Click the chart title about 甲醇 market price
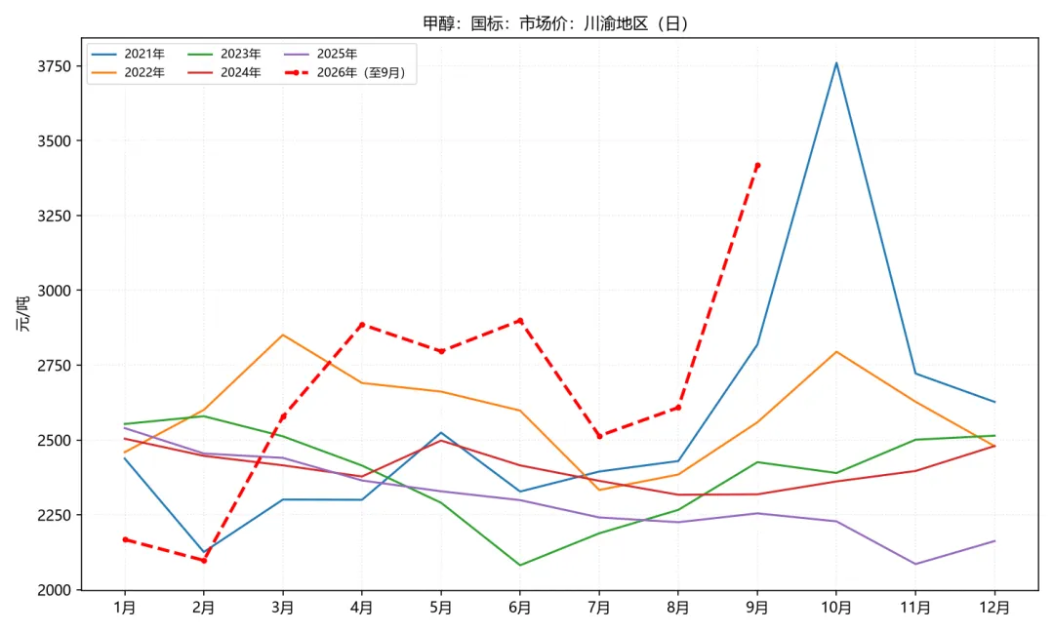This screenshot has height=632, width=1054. tap(555, 23)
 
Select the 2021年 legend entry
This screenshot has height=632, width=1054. tap(128, 54)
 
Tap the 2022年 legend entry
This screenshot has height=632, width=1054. tap(128, 72)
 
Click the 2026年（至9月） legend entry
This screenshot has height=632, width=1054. tap(345, 72)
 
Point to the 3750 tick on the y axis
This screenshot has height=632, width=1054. tap(55, 65)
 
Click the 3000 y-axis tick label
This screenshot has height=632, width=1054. tap(55, 290)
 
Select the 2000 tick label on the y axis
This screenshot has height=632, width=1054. tap(55, 590)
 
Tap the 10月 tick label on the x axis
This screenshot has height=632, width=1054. tap(836, 608)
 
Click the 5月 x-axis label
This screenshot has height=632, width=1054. tap(441, 608)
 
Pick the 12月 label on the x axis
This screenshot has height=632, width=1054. tap(994, 608)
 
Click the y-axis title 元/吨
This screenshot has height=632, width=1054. tap(23, 314)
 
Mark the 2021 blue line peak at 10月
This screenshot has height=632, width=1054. tap(836, 63)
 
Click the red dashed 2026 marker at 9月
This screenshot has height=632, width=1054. tap(757, 165)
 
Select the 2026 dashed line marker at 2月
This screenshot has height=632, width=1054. tap(204, 560)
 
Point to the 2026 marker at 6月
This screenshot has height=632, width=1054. tap(520, 320)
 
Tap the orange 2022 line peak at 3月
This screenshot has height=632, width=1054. tap(282, 335)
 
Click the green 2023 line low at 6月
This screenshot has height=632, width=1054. tap(520, 565)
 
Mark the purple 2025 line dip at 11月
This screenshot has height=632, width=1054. tap(915, 564)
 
